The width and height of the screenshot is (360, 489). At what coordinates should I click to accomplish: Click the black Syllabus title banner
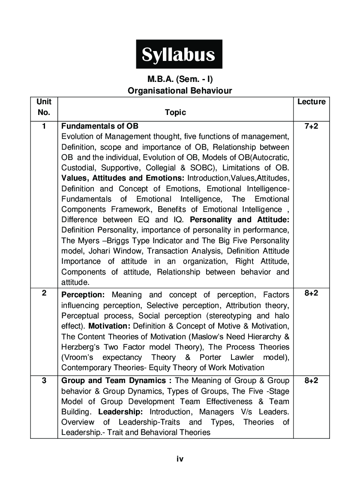pyautogui.click(x=179, y=54)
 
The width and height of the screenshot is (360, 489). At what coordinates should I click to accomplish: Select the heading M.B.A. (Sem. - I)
pyautogui.click(x=180, y=79)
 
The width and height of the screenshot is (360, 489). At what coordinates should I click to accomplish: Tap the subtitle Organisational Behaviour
pyautogui.click(x=180, y=91)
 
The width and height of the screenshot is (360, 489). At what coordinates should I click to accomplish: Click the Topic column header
pyautogui.click(x=175, y=112)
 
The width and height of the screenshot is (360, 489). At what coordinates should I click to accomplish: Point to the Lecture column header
pyautogui.click(x=311, y=102)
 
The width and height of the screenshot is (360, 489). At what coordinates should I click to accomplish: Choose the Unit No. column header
pyautogui.click(x=44, y=107)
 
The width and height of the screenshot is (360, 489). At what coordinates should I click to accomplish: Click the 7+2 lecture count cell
pyautogui.click(x=311, y=126)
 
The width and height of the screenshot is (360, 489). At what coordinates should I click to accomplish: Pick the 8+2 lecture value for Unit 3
pyautogui.click(x=311, y=380)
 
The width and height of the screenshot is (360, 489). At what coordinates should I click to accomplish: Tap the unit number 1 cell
pyautogui.click(x=44, y=126)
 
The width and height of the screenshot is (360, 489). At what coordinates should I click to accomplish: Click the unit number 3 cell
pyautogui.click(x=44, y=380)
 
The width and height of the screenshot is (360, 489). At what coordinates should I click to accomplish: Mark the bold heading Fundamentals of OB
pyautogui.click(x=100, y=126)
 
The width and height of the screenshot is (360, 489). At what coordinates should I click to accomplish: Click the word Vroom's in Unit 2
pyautogui.click(x=77, y=357)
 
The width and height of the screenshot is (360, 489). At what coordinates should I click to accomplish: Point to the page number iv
pyautogui.click(x=180, y=459)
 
